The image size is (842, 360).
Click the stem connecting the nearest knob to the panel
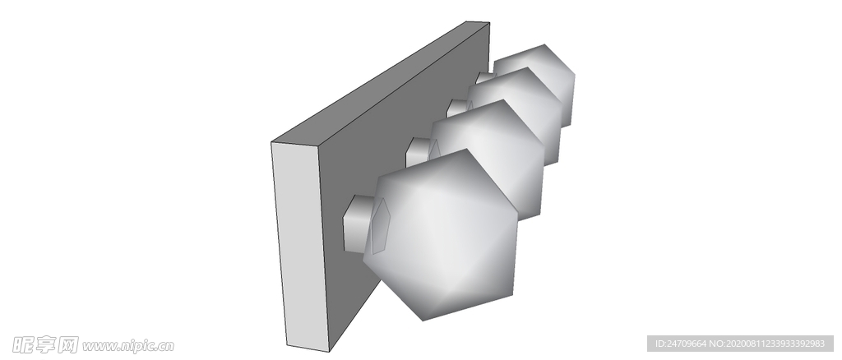tap(359, 224)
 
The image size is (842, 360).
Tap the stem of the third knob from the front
tap(457, 108)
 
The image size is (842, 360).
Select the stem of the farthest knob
tap(485, 78)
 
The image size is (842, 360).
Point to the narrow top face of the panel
tap(380, 83)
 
